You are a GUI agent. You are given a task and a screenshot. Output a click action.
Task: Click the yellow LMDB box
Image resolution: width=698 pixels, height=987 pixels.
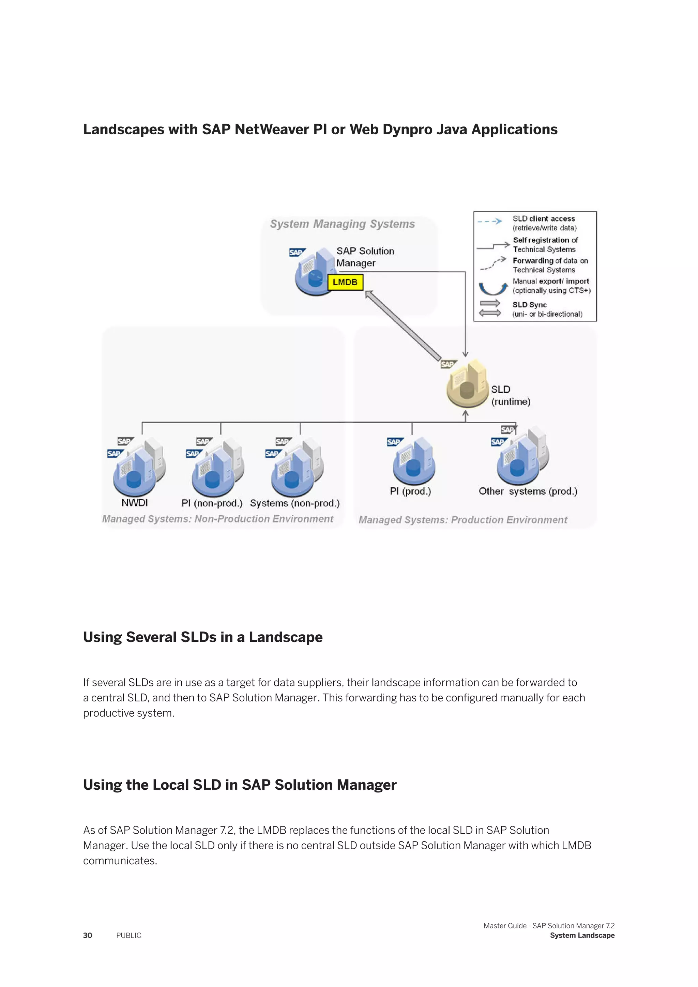tap(345, 283)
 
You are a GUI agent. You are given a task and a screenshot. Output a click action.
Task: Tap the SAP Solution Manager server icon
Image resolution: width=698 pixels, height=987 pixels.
tap(313, 273)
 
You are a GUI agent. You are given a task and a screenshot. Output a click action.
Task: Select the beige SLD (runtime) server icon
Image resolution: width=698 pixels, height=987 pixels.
tap(467, 385)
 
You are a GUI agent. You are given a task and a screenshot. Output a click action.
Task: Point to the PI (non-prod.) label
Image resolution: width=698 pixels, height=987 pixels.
tap(212, 503)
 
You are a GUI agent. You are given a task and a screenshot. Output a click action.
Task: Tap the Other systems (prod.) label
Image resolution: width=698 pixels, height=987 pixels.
tap(528, 491)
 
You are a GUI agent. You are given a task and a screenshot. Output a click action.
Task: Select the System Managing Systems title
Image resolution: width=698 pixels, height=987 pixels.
tap(342, 224)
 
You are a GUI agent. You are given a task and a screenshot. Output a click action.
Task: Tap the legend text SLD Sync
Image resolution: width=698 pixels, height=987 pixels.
tap(529, 305)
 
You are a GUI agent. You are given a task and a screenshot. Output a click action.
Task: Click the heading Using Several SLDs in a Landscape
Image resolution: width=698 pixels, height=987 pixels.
tap(202, 637)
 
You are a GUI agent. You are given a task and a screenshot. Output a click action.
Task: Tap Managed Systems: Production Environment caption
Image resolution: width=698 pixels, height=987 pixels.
tap(463, 520)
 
